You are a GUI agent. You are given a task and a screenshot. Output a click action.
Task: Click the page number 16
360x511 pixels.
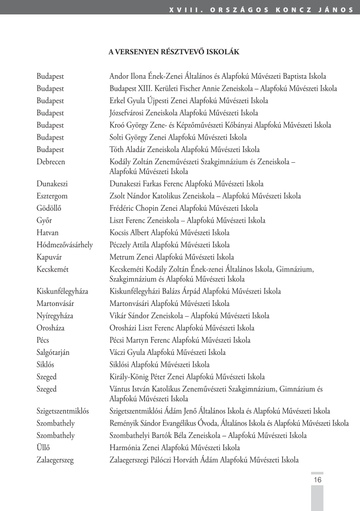317,480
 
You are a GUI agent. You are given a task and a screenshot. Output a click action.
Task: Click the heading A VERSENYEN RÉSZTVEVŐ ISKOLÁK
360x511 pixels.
174,52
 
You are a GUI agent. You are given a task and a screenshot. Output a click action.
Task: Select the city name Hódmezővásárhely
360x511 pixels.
65,245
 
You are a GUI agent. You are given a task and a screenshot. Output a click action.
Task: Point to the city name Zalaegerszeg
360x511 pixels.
55,460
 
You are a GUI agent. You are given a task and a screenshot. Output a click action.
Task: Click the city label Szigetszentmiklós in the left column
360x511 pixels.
63,411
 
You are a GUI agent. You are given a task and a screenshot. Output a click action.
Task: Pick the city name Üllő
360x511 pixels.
43,448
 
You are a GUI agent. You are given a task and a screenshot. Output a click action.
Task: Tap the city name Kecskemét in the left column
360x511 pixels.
53,269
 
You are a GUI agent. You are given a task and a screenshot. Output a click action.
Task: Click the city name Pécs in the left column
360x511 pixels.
43,340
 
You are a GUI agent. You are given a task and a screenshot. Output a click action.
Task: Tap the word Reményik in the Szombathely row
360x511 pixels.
125,423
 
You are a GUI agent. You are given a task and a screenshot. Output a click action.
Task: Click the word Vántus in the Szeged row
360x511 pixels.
121,389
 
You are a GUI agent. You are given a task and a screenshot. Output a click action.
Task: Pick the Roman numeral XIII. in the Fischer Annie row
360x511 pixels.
147,88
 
